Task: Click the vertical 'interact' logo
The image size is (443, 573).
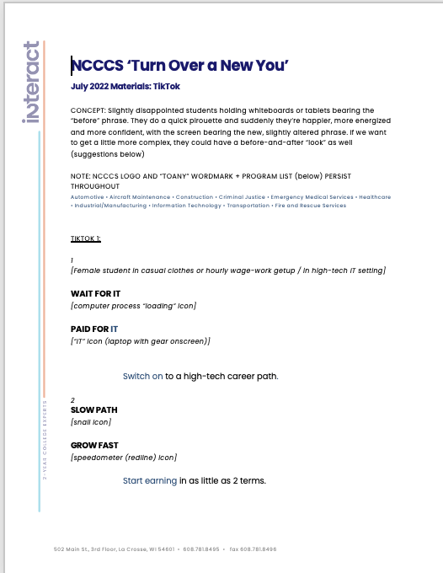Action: [x=32, y=82]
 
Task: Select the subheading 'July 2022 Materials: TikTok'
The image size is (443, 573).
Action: [x=125, y=87]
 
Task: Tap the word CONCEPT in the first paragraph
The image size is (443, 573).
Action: [x=88, y=110]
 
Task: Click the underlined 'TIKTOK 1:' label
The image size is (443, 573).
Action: [x=85, y=238]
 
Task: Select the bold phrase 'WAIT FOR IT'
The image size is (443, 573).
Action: [x=95, y=294]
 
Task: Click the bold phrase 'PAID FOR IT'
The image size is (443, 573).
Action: [x=94, y=329]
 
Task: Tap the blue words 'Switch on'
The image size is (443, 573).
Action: [x=142, y=377]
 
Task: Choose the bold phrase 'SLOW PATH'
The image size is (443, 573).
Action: [x=93, y=410]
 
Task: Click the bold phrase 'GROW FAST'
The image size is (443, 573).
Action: [x=94, y=446]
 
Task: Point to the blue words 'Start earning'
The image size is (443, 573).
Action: [x=150, y=481]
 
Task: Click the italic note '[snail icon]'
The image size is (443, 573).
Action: [x=91, y=422]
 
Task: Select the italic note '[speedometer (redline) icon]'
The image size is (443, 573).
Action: [x=124, y=458]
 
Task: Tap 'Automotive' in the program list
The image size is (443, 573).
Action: [x=88, y=197]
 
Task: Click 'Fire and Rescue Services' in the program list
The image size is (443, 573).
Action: [x=310, y=206]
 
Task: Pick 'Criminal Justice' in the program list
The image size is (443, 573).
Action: [x=242, y=197]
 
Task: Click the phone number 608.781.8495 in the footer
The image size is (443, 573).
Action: [x=201, y=549]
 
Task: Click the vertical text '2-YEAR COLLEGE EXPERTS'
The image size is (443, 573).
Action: [x=45, y=438]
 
